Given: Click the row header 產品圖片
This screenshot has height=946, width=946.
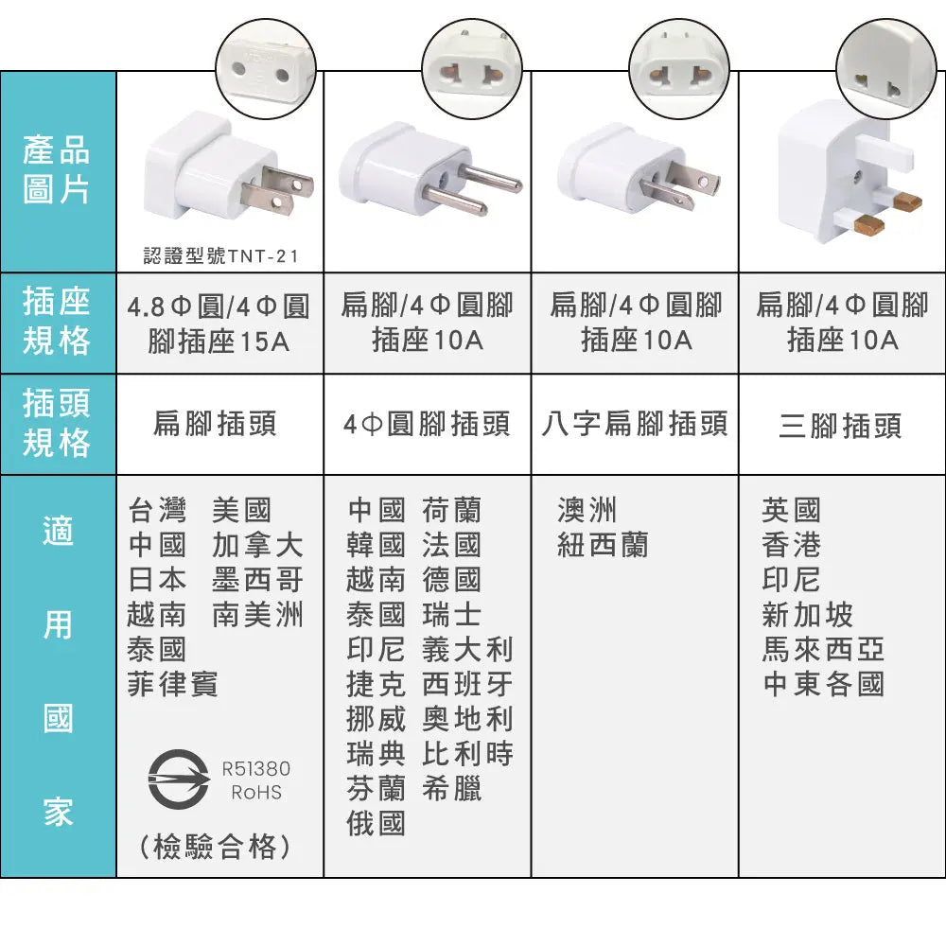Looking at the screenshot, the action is coord(57,170).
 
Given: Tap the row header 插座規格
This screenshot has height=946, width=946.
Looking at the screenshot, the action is coord(57,321).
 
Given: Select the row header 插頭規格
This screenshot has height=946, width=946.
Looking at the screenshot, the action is coord(57,423).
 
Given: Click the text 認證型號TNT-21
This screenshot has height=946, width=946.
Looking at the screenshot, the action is coord(220,256).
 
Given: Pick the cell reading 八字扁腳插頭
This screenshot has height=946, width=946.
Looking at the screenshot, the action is coord(635,424).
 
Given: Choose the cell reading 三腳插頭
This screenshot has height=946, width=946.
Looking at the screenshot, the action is coord(840,426).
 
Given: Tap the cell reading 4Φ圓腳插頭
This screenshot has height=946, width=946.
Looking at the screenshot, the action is coord(428,424).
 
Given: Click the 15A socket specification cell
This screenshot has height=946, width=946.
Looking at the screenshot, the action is coord(219,324).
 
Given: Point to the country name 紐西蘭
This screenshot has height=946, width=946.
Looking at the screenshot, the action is coord(603,545).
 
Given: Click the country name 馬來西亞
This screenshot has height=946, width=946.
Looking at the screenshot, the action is coord(823,649).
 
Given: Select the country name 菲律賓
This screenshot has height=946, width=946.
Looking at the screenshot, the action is coord(172,684).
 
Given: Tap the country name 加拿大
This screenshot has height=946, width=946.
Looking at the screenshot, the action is coord(257,545).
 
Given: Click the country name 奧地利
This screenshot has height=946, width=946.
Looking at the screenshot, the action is coord(467,719).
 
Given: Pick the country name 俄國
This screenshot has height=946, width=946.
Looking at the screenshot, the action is coord(376,823).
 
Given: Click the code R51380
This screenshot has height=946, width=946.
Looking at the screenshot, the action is coord(256,768).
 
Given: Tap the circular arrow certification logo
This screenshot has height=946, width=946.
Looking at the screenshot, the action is coord(179,780).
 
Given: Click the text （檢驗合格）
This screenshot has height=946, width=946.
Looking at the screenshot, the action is coord(216,847).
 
